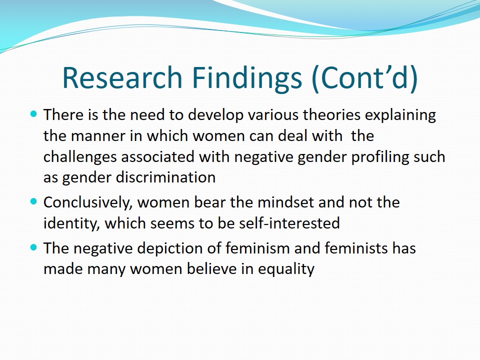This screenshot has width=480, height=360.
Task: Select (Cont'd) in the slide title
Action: [364, 78]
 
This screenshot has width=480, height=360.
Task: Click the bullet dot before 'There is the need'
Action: [33, 114]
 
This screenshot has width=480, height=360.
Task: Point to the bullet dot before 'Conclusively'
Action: [33, 201]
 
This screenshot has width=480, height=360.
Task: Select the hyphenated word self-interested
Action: [289, 223]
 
